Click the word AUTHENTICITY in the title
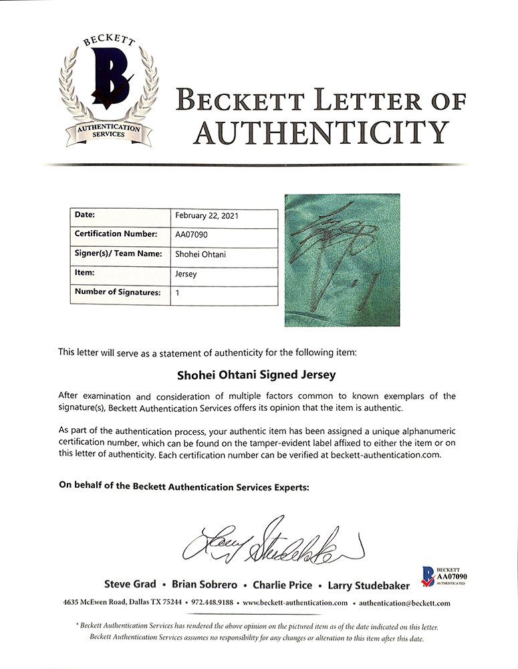pos(320,132)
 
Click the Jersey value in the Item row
pos(186,273)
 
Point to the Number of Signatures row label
pos(118,292)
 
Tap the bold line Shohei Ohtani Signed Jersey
pos(259,375)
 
